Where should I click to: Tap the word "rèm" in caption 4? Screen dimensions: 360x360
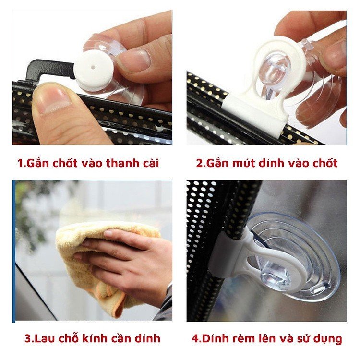pos(245,338)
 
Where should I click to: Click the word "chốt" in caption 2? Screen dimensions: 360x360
pos(323,163)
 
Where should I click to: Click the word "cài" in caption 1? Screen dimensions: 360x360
pos(148,163)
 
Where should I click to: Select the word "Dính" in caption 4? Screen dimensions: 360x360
pos(216,338)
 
